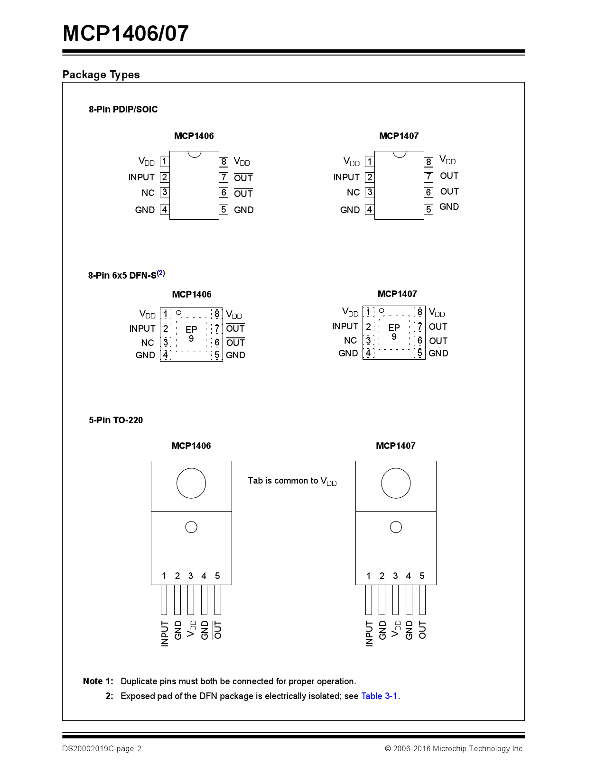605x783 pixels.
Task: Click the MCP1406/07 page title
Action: pos(126,33)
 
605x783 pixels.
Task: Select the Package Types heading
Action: pos(101,75)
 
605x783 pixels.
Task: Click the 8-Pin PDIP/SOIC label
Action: pos(123,109)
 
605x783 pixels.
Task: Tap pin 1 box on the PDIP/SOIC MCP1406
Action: pos(164,161)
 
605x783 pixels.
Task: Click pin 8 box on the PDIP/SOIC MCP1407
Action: pos(428,162)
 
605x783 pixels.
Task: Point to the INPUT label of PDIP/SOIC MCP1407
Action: pos(346,177)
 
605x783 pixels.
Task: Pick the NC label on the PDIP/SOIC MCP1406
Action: pos(148,193)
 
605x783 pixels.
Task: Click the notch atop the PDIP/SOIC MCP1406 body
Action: pos(194,154)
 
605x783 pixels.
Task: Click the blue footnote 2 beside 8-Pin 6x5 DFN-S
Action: pos(161,273)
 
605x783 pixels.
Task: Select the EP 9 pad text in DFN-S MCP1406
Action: pos(191,334)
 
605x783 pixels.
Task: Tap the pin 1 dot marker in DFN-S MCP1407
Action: pos(382,311)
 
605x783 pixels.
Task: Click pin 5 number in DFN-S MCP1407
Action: pos(419,353)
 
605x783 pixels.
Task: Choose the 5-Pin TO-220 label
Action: pos(116,420)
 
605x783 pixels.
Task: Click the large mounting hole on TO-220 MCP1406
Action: pos(191,483)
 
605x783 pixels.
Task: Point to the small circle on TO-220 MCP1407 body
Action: pos(396,527)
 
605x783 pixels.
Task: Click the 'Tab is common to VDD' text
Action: pos(292,481)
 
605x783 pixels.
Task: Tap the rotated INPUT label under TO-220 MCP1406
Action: pos(165,633)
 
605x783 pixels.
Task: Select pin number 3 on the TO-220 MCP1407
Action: pos(395,576)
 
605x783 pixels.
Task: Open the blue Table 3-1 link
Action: pos(379,696)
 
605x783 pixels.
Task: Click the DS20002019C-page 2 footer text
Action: pos(102,748)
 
